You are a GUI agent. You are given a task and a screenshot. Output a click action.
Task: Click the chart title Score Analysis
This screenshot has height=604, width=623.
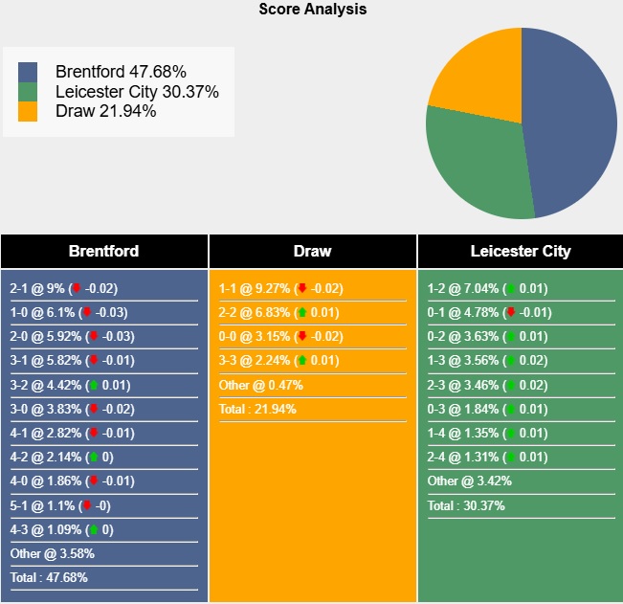tap(312, 10)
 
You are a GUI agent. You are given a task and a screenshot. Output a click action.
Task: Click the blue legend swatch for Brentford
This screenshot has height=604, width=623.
tap(28, 72)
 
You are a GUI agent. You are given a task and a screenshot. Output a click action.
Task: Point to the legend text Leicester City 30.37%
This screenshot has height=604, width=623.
tap(137, 92)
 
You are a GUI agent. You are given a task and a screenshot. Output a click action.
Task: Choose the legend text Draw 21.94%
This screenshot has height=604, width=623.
tap(106, 111)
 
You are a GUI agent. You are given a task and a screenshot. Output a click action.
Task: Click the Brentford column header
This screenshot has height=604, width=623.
tap(103, 252)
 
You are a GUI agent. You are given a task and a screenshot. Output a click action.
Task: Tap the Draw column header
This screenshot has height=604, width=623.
tap(312, 252)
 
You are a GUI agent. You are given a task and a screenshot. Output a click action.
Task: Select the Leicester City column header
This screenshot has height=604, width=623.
tap(521, 252)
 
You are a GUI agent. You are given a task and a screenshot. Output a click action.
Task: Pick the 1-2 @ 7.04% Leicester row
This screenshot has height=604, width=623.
tap(489, 288)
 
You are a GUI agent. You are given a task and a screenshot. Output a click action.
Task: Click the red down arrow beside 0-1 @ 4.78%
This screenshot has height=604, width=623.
tap(511, 312)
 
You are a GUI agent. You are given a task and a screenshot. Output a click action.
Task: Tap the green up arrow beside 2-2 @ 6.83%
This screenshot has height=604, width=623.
tap(302, 312)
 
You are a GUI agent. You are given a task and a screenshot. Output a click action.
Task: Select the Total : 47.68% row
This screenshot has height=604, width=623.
tap(49, 577)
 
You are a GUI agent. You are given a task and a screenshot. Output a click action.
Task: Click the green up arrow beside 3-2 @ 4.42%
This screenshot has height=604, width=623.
tap(93, 385)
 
